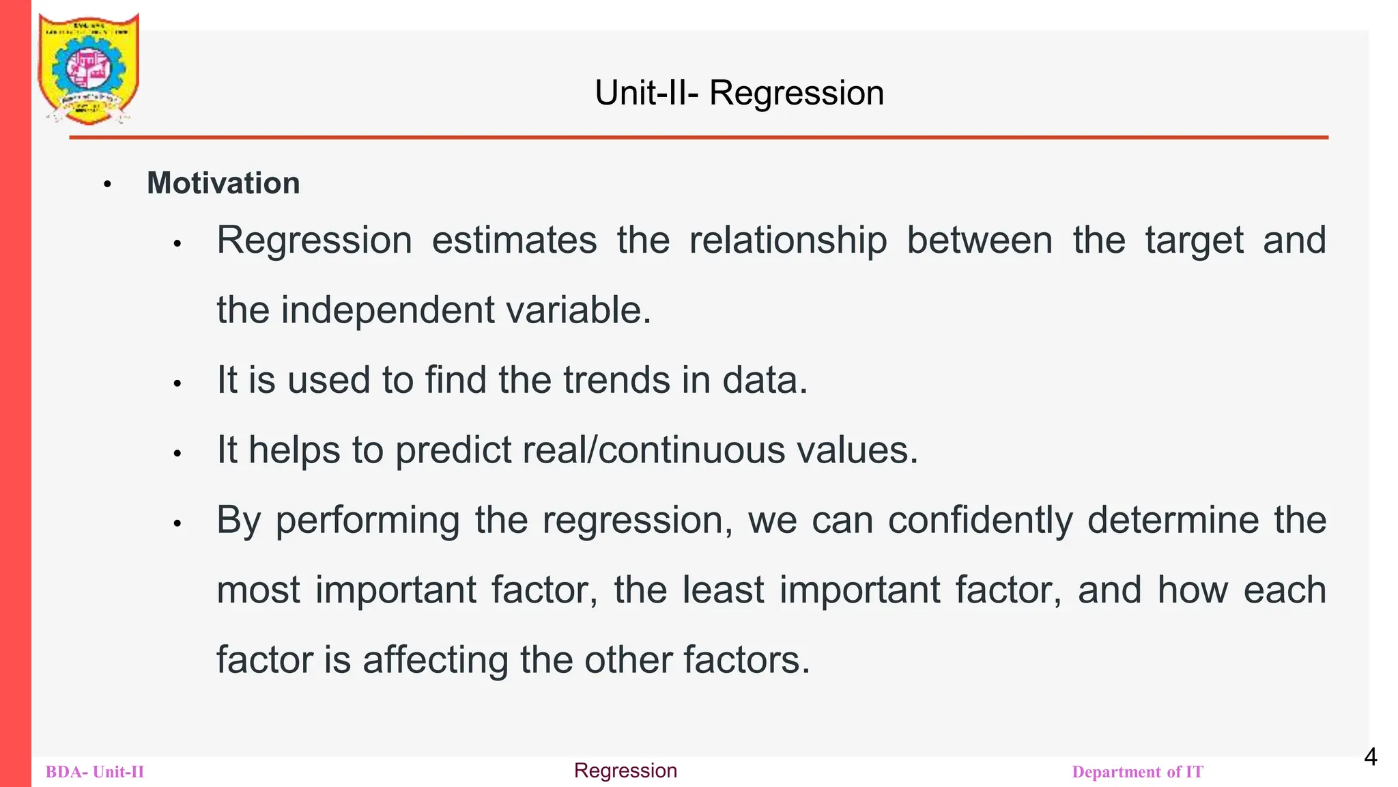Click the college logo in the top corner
click(x=89, y=68)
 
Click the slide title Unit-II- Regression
click(x=739, y=93)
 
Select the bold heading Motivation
click(x=223, y=183)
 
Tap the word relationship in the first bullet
click(x=788, y=240)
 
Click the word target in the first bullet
click(x=1195, y=240)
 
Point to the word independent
click(x=388, y=310)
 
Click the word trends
click(x=616, y=380)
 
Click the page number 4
click(x=1370, y=757)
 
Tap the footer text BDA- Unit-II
click(x=95, y=772)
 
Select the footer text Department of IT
click(x=1137, y=772)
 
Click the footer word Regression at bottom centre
click(x=625, y=771)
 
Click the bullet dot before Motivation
click(x=107, y=184)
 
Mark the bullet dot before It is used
click(x=177, y=384)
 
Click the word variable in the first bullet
click(x=578, y=310)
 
